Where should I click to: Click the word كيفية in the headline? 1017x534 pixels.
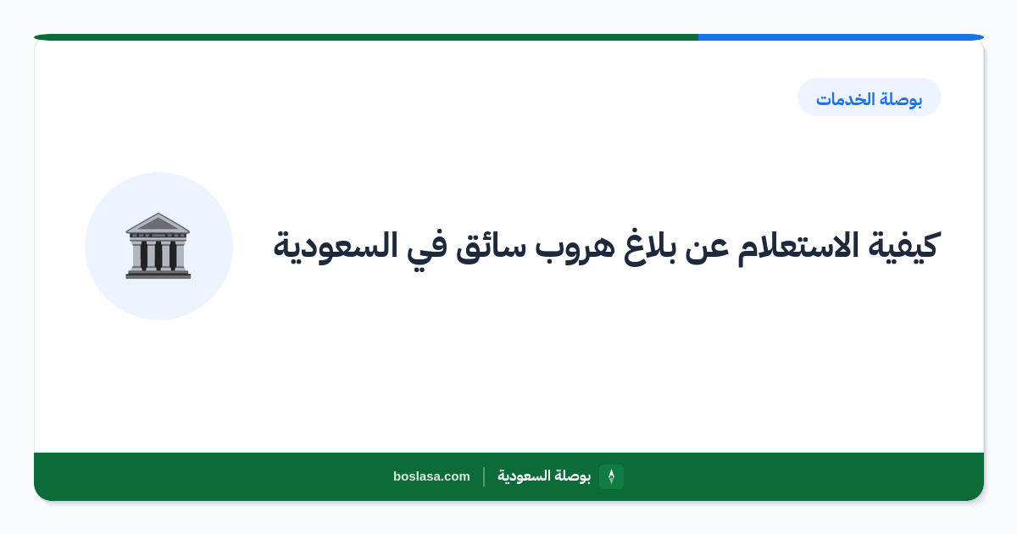(x=903, y=246)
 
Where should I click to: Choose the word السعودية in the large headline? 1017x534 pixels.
(x=335, y=246)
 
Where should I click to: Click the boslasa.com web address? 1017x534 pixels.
(x=431, y=476)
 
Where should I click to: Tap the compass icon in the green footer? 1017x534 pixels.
(x=611, y=476)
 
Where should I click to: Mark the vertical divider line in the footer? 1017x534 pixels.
(x=484, y=476)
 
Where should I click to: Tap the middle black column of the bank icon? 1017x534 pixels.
(x=158, y=255)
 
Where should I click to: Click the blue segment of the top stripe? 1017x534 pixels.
(x=841, y=37)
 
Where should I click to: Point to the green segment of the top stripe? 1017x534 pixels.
(x=366, y=37)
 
